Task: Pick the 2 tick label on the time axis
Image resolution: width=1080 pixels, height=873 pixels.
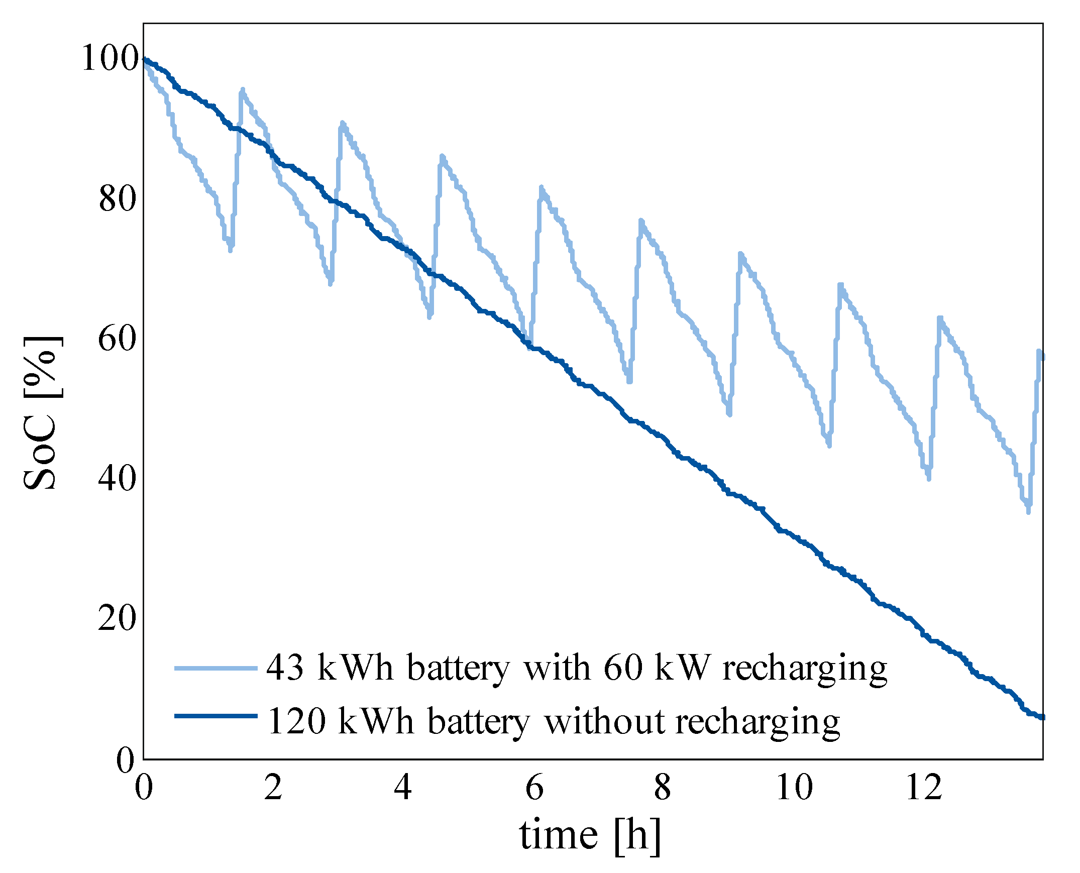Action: (273, 788)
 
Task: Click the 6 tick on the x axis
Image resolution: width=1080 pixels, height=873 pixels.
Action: (534, 788)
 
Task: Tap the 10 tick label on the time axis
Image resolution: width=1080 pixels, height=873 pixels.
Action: (794, 788)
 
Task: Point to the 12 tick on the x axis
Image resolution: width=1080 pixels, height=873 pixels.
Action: (924, 788)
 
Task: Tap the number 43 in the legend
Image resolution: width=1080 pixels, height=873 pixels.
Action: (285, 669)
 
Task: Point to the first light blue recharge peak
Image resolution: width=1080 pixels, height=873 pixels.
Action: (242, 90)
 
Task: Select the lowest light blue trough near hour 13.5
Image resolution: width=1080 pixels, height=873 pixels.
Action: (1028, 511)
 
